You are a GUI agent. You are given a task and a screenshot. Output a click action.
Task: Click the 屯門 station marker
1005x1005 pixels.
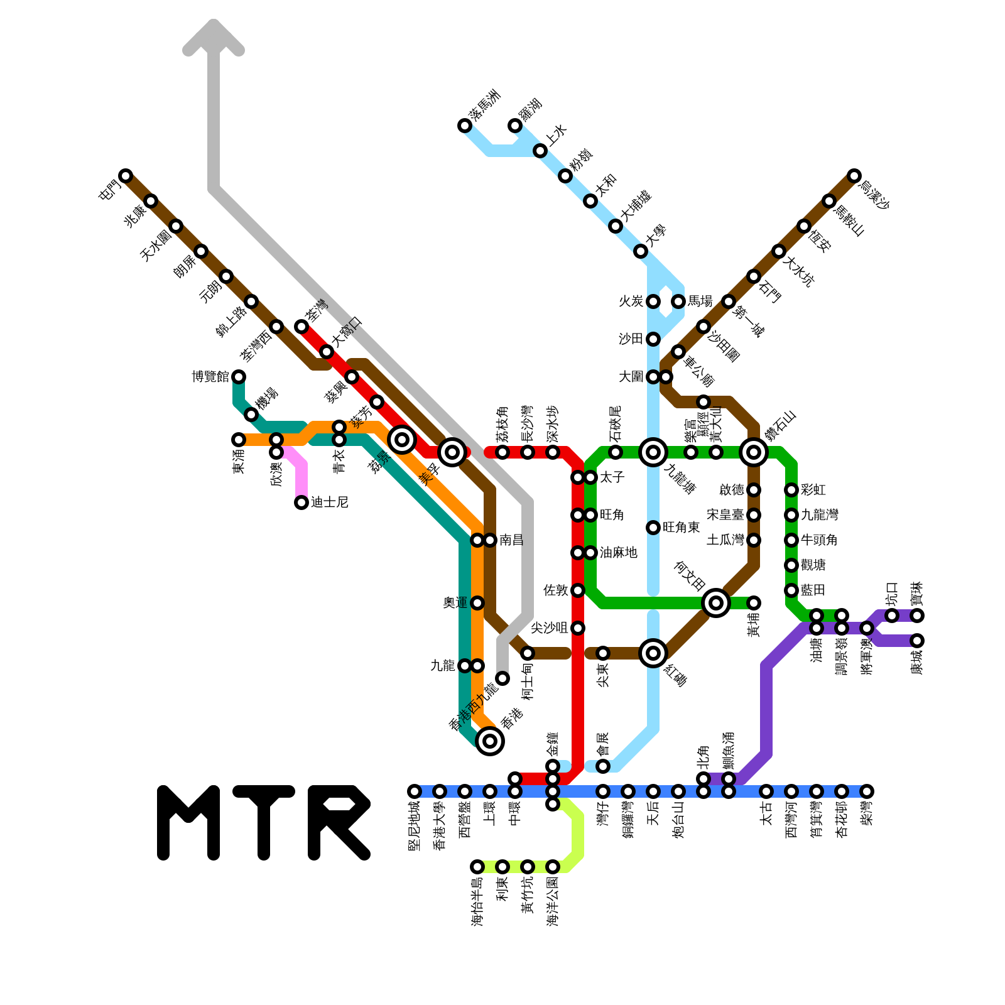pos(126,176)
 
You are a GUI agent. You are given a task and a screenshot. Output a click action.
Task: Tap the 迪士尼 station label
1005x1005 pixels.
pos(329,503)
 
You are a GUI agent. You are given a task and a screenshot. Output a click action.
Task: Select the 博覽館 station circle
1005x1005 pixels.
pos(239,377)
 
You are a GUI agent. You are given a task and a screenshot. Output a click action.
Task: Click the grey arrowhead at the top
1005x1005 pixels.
pos(214,38)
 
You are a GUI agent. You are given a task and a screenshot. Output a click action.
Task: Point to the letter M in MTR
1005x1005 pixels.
pos(188,823)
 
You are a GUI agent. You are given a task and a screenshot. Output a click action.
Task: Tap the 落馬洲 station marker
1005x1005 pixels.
pos(465,126)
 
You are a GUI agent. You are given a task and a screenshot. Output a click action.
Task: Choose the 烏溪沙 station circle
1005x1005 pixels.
pos(854,176)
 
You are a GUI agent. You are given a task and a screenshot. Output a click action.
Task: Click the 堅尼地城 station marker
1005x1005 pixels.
pos(415,791)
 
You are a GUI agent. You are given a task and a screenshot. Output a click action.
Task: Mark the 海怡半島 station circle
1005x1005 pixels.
pos(477,867)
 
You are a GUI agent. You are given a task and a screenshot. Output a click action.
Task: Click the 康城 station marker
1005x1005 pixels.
pos(917,641)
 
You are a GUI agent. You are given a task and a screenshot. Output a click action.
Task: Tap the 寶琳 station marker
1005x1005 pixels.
pos(917,616)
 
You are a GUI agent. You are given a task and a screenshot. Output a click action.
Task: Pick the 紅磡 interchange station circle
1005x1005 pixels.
pos(653,653)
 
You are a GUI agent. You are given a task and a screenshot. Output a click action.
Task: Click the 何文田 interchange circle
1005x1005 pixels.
pos(716,603)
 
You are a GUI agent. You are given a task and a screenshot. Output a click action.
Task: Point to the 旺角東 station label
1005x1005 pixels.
pos(681,528)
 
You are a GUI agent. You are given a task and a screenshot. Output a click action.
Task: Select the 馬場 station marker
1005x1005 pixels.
pos(678,301)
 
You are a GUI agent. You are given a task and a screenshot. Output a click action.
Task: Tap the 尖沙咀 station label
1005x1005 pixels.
pos(549,628)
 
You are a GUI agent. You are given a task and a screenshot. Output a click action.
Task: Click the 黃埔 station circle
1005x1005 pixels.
pos(754,603)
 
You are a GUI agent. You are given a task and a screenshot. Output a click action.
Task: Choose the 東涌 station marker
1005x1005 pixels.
pos(239,440)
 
